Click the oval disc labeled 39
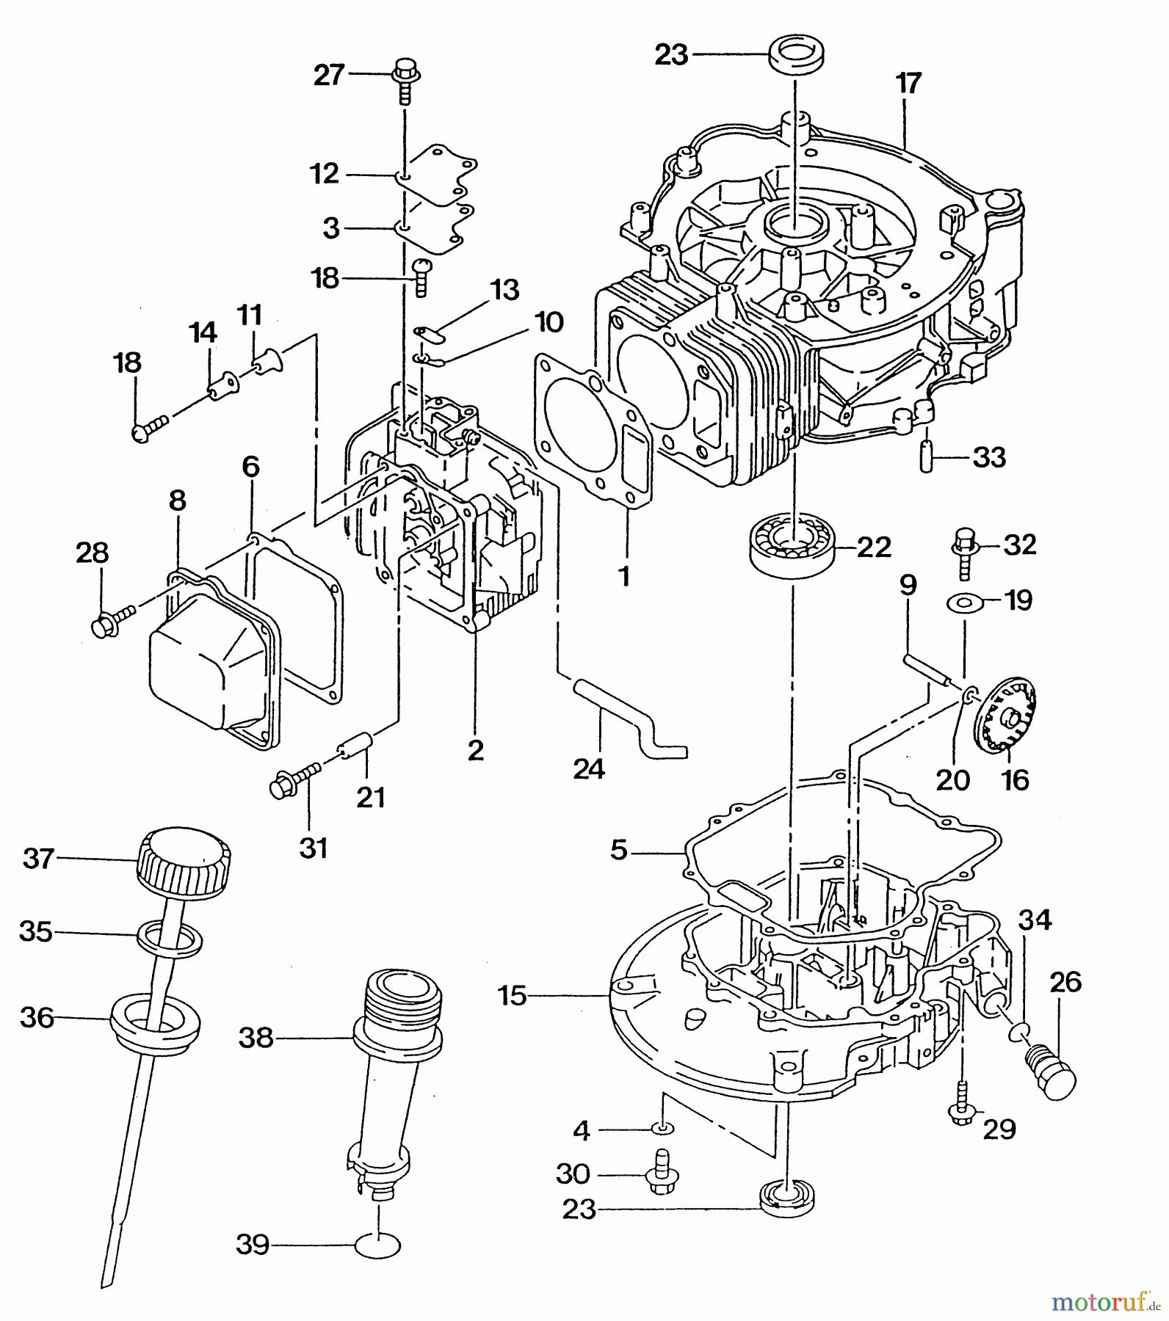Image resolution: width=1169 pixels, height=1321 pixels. pos(378,1245)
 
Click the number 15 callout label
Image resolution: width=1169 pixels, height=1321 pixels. pos(512,996)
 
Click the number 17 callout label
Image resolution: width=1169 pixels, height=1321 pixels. pos(908,83)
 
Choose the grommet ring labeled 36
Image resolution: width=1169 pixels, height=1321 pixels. pos(154,1019)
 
